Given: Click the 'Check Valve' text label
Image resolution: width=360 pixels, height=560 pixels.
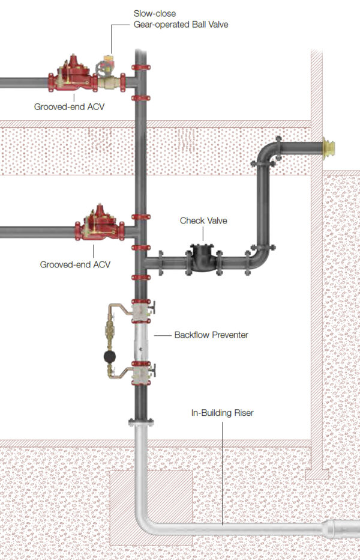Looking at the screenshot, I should (x=203, y=221).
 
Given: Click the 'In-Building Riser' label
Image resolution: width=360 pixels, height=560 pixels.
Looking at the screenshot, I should (x=221, y=413).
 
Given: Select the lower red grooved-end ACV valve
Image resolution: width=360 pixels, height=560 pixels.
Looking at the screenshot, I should (x=98, y=227).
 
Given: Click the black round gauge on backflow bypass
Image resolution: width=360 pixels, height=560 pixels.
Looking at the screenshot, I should (x=110, y=356).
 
